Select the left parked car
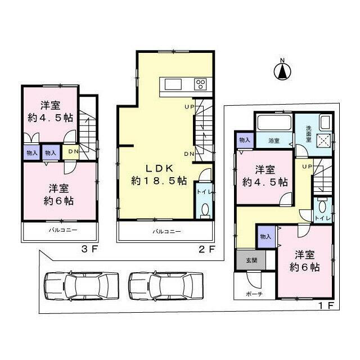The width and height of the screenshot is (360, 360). pos(81,286)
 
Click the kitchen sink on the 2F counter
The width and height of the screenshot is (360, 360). pos(172,84)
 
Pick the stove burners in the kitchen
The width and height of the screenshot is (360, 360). pos(201,84)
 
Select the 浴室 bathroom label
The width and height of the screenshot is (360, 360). pos(274,141)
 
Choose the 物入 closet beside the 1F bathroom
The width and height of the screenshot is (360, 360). pos(244,140)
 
